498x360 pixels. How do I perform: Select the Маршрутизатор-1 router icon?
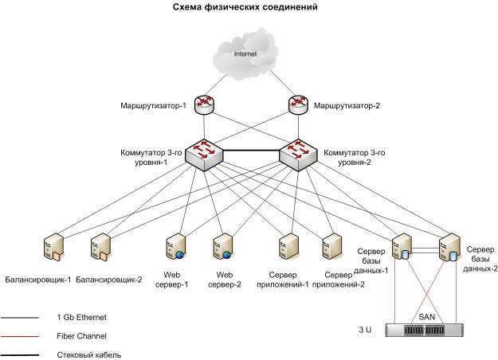click(203, 104)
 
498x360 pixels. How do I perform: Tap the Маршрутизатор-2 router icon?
click(298, 104)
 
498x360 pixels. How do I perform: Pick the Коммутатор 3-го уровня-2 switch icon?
click(298, 151)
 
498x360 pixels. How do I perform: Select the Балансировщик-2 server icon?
click(102, 247)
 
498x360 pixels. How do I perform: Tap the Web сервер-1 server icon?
click(174, 247)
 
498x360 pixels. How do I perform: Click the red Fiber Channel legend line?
click(23, 336)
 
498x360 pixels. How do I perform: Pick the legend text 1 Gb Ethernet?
click(86, 317)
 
